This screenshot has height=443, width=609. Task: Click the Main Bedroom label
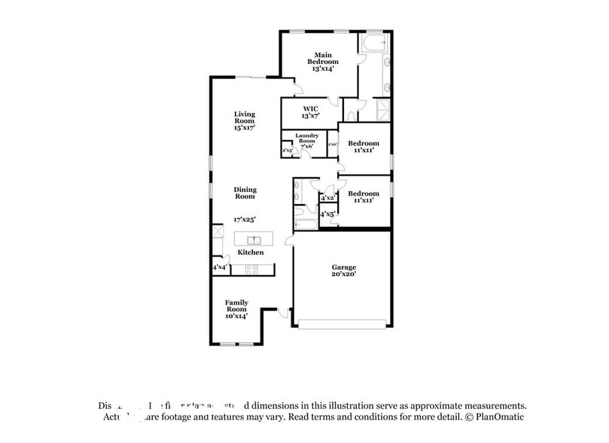click(x=323, y=61)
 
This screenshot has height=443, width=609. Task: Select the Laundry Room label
click(x=306, y=139)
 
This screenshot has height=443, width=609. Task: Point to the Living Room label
click(x=244, y=121)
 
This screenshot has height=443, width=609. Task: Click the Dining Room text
click(x=245, y=193)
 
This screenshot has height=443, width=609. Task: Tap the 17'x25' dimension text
click(x=245, y=219)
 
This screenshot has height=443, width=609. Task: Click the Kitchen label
click(x=251, y=252)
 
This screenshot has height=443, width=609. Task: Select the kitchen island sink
click(x=254, y=240)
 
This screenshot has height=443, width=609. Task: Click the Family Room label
click(x=236, y=309)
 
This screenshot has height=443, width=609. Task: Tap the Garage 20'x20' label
click(x=344, y=271)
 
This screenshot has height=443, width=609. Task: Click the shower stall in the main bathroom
click(x=382, y=110)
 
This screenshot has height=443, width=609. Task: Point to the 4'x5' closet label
click(x=328, y=215)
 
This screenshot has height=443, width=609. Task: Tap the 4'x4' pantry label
click(x=220, y=267)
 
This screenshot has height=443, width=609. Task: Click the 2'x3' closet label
click(x=287, y=151)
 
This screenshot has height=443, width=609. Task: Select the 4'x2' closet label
click(x=328, y=198)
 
